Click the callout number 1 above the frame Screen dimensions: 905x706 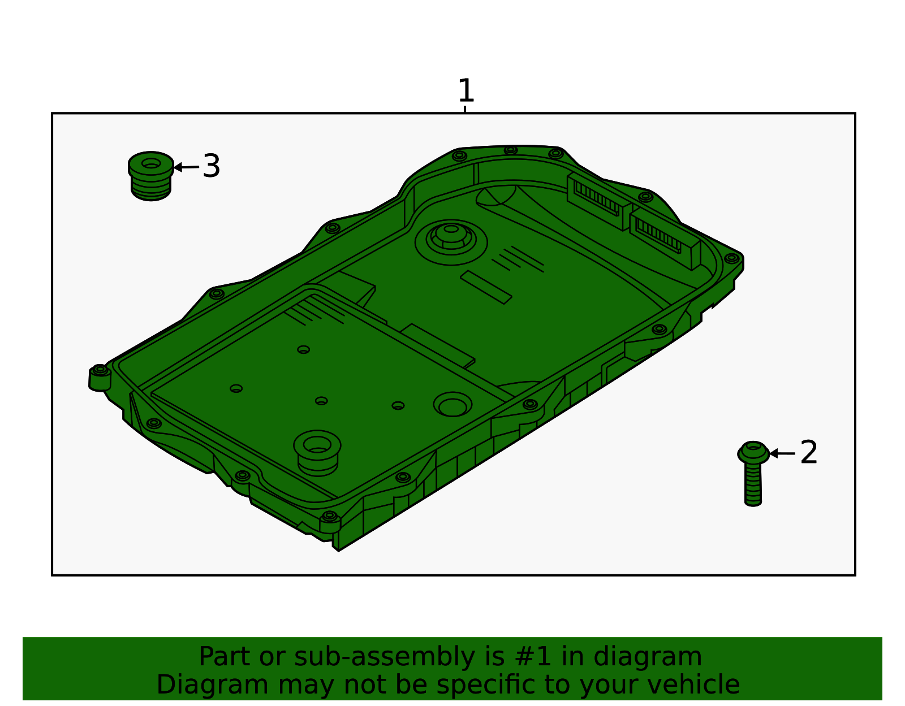(466, 90)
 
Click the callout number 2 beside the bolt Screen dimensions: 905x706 (809, 453)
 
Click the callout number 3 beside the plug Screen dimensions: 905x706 (211, 166)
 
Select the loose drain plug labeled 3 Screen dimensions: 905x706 (151, 176)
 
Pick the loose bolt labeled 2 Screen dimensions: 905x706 (753, 474)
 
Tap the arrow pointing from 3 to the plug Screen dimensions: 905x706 (186, 167)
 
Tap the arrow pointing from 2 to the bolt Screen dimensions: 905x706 (782, 453)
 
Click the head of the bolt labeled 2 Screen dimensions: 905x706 (753, 452)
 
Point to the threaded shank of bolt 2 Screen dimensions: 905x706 (753, 484)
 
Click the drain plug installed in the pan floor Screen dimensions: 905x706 (317, 453)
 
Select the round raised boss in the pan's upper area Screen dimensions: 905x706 (451, 242)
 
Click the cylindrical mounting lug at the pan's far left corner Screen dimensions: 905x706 (100, 378)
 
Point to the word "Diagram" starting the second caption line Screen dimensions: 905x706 (213, 685)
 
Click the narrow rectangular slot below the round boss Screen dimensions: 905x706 (486, 287)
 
